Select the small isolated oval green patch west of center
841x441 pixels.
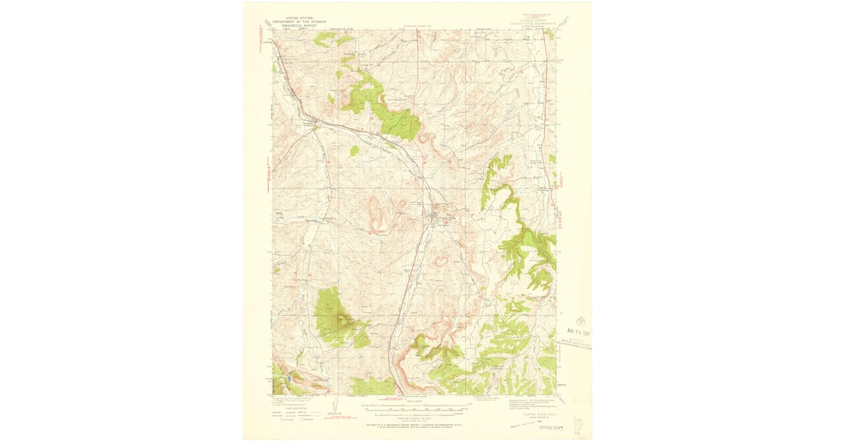[x=355, y=150]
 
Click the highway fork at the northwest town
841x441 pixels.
[x=315, y=126]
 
